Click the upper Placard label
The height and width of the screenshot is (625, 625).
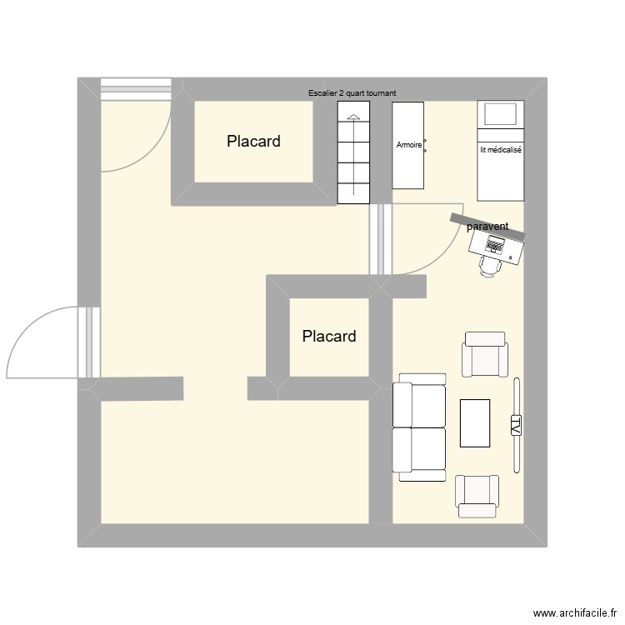click(x=253, y=142)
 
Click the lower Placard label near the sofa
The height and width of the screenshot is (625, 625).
click(x=329, y=337)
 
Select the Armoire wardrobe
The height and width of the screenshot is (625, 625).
click(x=408, y=146)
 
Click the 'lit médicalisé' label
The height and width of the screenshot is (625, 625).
click(x=500, y=151)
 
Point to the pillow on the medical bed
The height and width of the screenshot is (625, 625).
click(x=500, y=114)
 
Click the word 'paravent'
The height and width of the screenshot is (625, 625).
click(x=487, y=226)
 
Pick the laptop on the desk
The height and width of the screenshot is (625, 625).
click(x=495, y=245)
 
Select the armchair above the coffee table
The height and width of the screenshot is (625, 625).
click(x=485, y=355)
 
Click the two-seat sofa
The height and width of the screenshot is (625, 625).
click(x=420, y=427)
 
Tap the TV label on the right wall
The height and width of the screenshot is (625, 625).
click(x=516, y=427)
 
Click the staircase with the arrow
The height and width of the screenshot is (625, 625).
click(x=353, y=154)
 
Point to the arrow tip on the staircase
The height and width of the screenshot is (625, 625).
click(x=353, y=117)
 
